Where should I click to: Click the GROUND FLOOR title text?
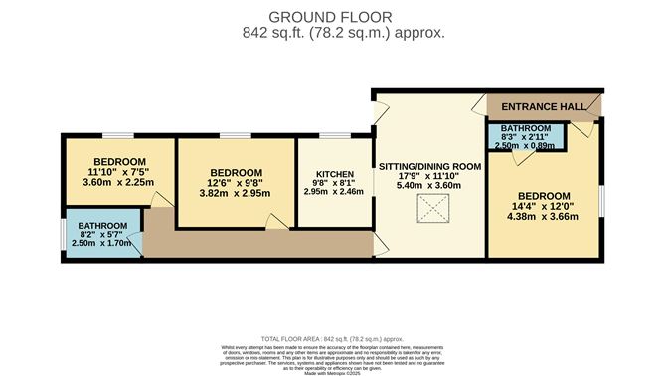(x=330, y=16)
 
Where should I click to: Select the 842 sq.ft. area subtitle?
(x=330, y=32)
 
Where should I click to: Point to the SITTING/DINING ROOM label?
(x=429, y=164)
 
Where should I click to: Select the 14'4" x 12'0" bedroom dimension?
(x=545, y=207)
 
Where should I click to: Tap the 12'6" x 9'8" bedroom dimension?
(x=237, y=183)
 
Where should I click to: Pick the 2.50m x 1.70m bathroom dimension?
(x=104, y=242)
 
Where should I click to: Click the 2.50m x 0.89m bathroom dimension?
(x=525, y=145)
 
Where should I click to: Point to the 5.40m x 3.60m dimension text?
(x=429, y=186)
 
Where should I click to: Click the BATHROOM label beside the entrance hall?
(x=525, y=129)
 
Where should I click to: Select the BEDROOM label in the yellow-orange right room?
(x=545, y=195)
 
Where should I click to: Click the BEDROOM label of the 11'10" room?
(x=119, y=161)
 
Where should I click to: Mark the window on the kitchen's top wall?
(x=334, y=134)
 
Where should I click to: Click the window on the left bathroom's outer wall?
(x=62, y=233)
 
